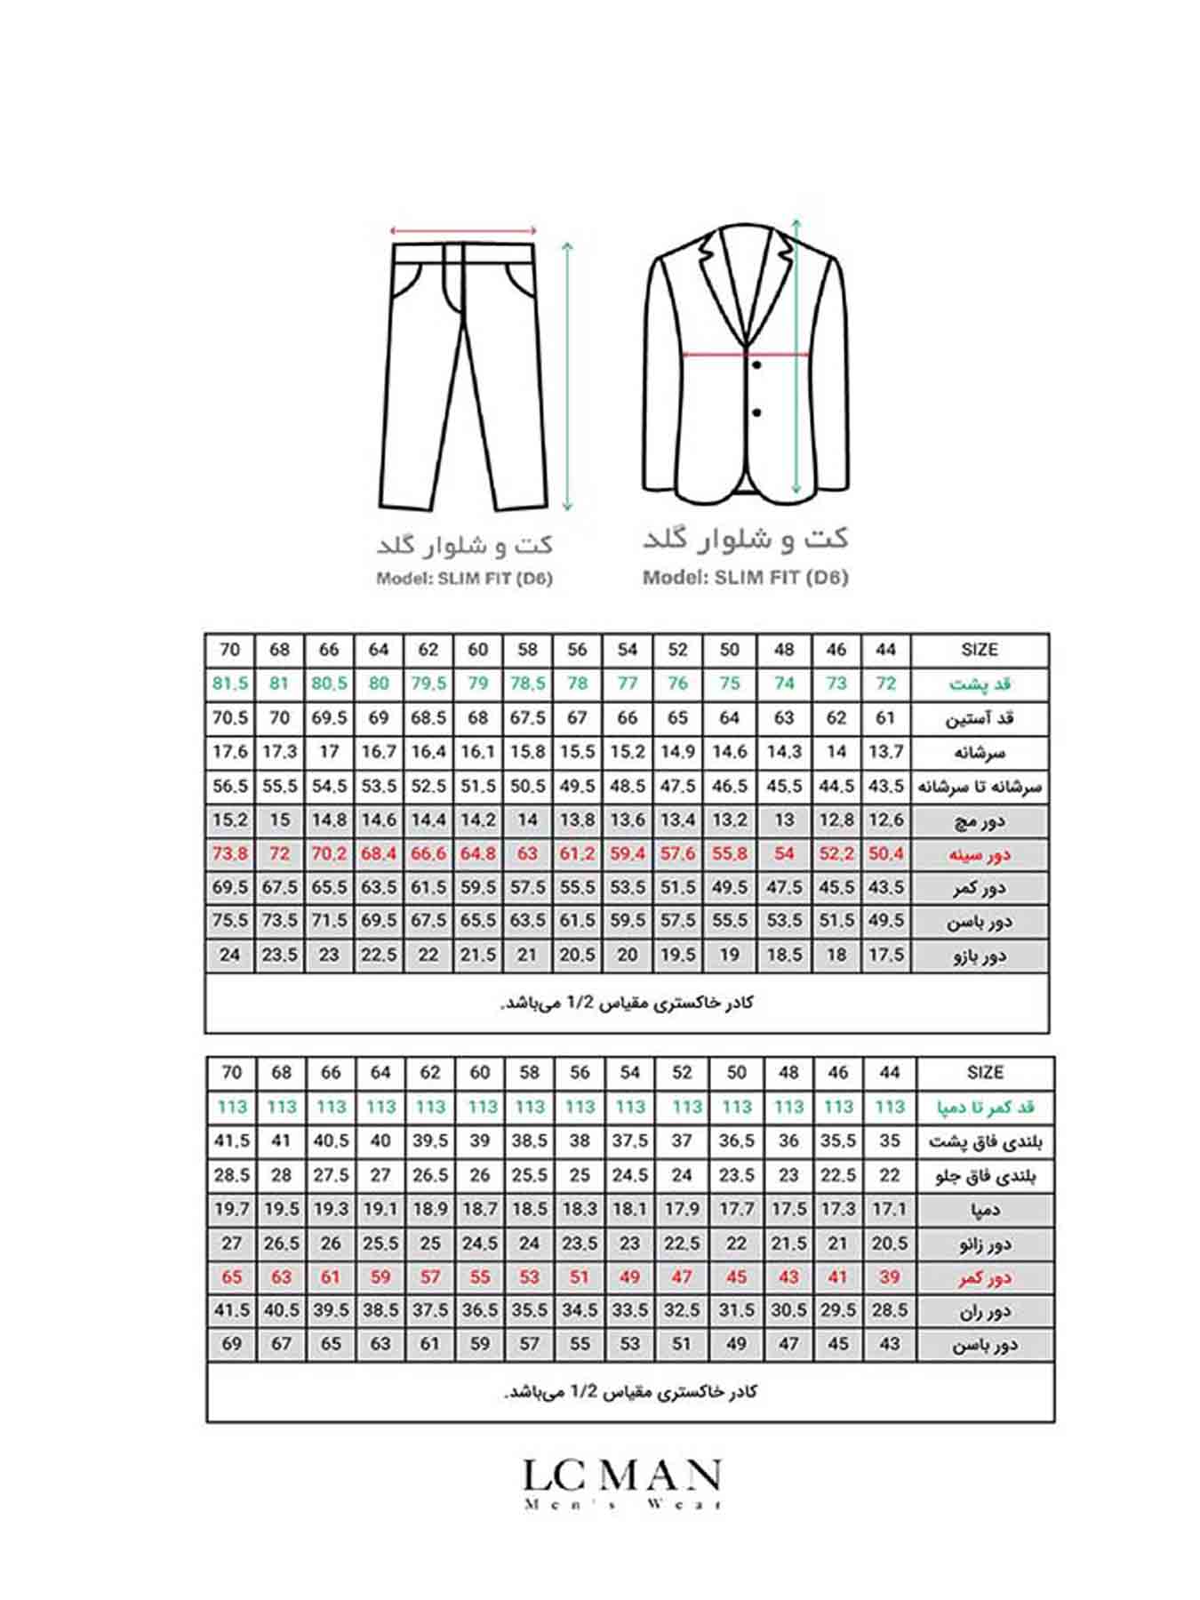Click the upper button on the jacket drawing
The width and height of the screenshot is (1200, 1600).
756,365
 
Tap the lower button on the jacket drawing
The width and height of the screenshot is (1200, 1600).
756,412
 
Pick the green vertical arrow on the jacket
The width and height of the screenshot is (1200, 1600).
796,356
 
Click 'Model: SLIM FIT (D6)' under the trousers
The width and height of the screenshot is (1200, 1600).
464,579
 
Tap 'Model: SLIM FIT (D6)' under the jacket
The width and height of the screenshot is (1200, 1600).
745,577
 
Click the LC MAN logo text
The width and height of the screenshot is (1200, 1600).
621,1476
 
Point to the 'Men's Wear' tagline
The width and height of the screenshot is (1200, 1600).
621,1504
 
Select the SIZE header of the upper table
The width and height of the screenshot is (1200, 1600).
979,650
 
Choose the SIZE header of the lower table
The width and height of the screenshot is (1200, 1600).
985,1073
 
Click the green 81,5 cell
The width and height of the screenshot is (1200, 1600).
230,684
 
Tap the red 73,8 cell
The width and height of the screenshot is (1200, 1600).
230,853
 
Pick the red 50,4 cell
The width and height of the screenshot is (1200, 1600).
885,853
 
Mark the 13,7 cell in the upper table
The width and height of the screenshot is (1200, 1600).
885,752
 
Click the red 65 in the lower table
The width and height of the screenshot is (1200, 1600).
232,1276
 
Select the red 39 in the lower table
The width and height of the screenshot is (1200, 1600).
889,1276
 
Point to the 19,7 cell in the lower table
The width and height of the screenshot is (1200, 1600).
232,1209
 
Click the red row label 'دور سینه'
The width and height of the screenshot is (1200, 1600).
980,854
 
